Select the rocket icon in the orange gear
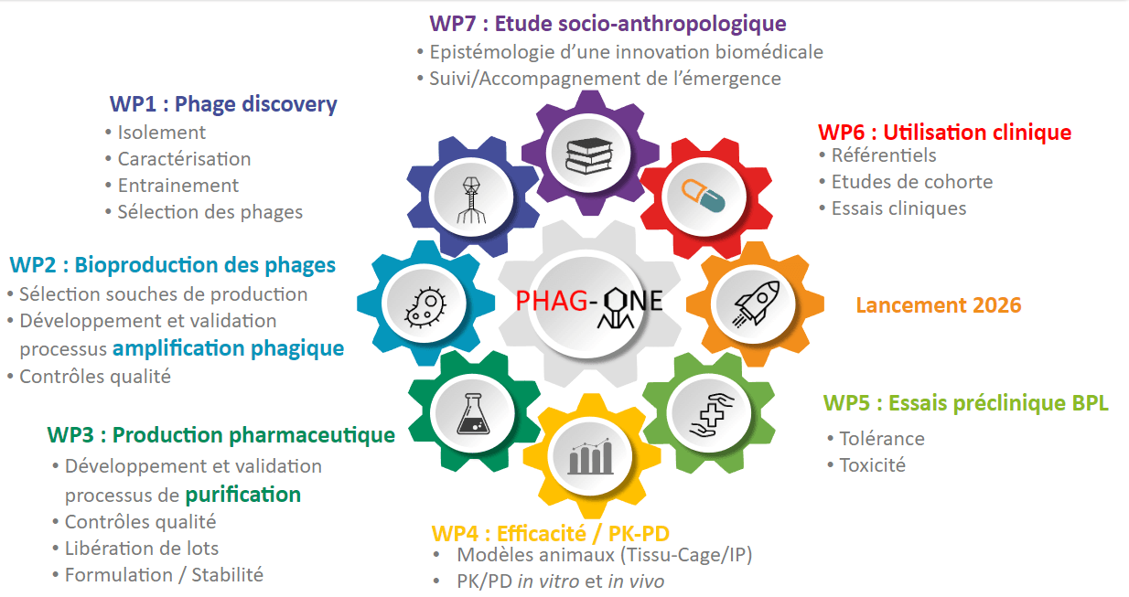click(x=756, y=304)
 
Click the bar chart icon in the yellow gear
click(x=590, y=456)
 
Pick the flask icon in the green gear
click(x=472, y=413)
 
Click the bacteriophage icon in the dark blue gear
click(x=471, y=199)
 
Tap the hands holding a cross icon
click(x=712, y=415)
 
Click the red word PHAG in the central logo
click(x=552, y=301)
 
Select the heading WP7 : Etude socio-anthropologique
click(x=608, y=24)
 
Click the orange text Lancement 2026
click(x=939, y=305)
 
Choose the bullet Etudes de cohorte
click(x=912, y=182)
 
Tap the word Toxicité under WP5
click(x=872, y=465)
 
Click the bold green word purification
click(x=243, y=495)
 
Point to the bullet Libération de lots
click(x=142, y=549)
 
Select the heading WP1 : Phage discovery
click(x=222, y=104)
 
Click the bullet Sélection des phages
click(x=210, y=212)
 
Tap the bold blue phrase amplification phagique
click(x=229, y=348)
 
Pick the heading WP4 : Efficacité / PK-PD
click(x=551, y=534)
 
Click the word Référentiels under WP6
click(x=884, y=155)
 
